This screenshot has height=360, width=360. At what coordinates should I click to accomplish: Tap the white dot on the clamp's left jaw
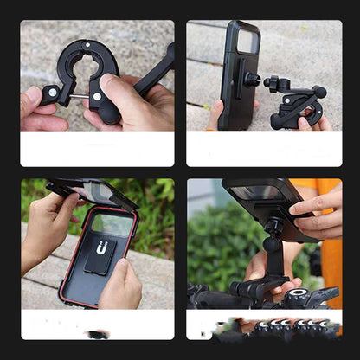click(x=53, y=92)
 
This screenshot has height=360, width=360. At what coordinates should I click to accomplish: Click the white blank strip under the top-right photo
click(x=264, y=149)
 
